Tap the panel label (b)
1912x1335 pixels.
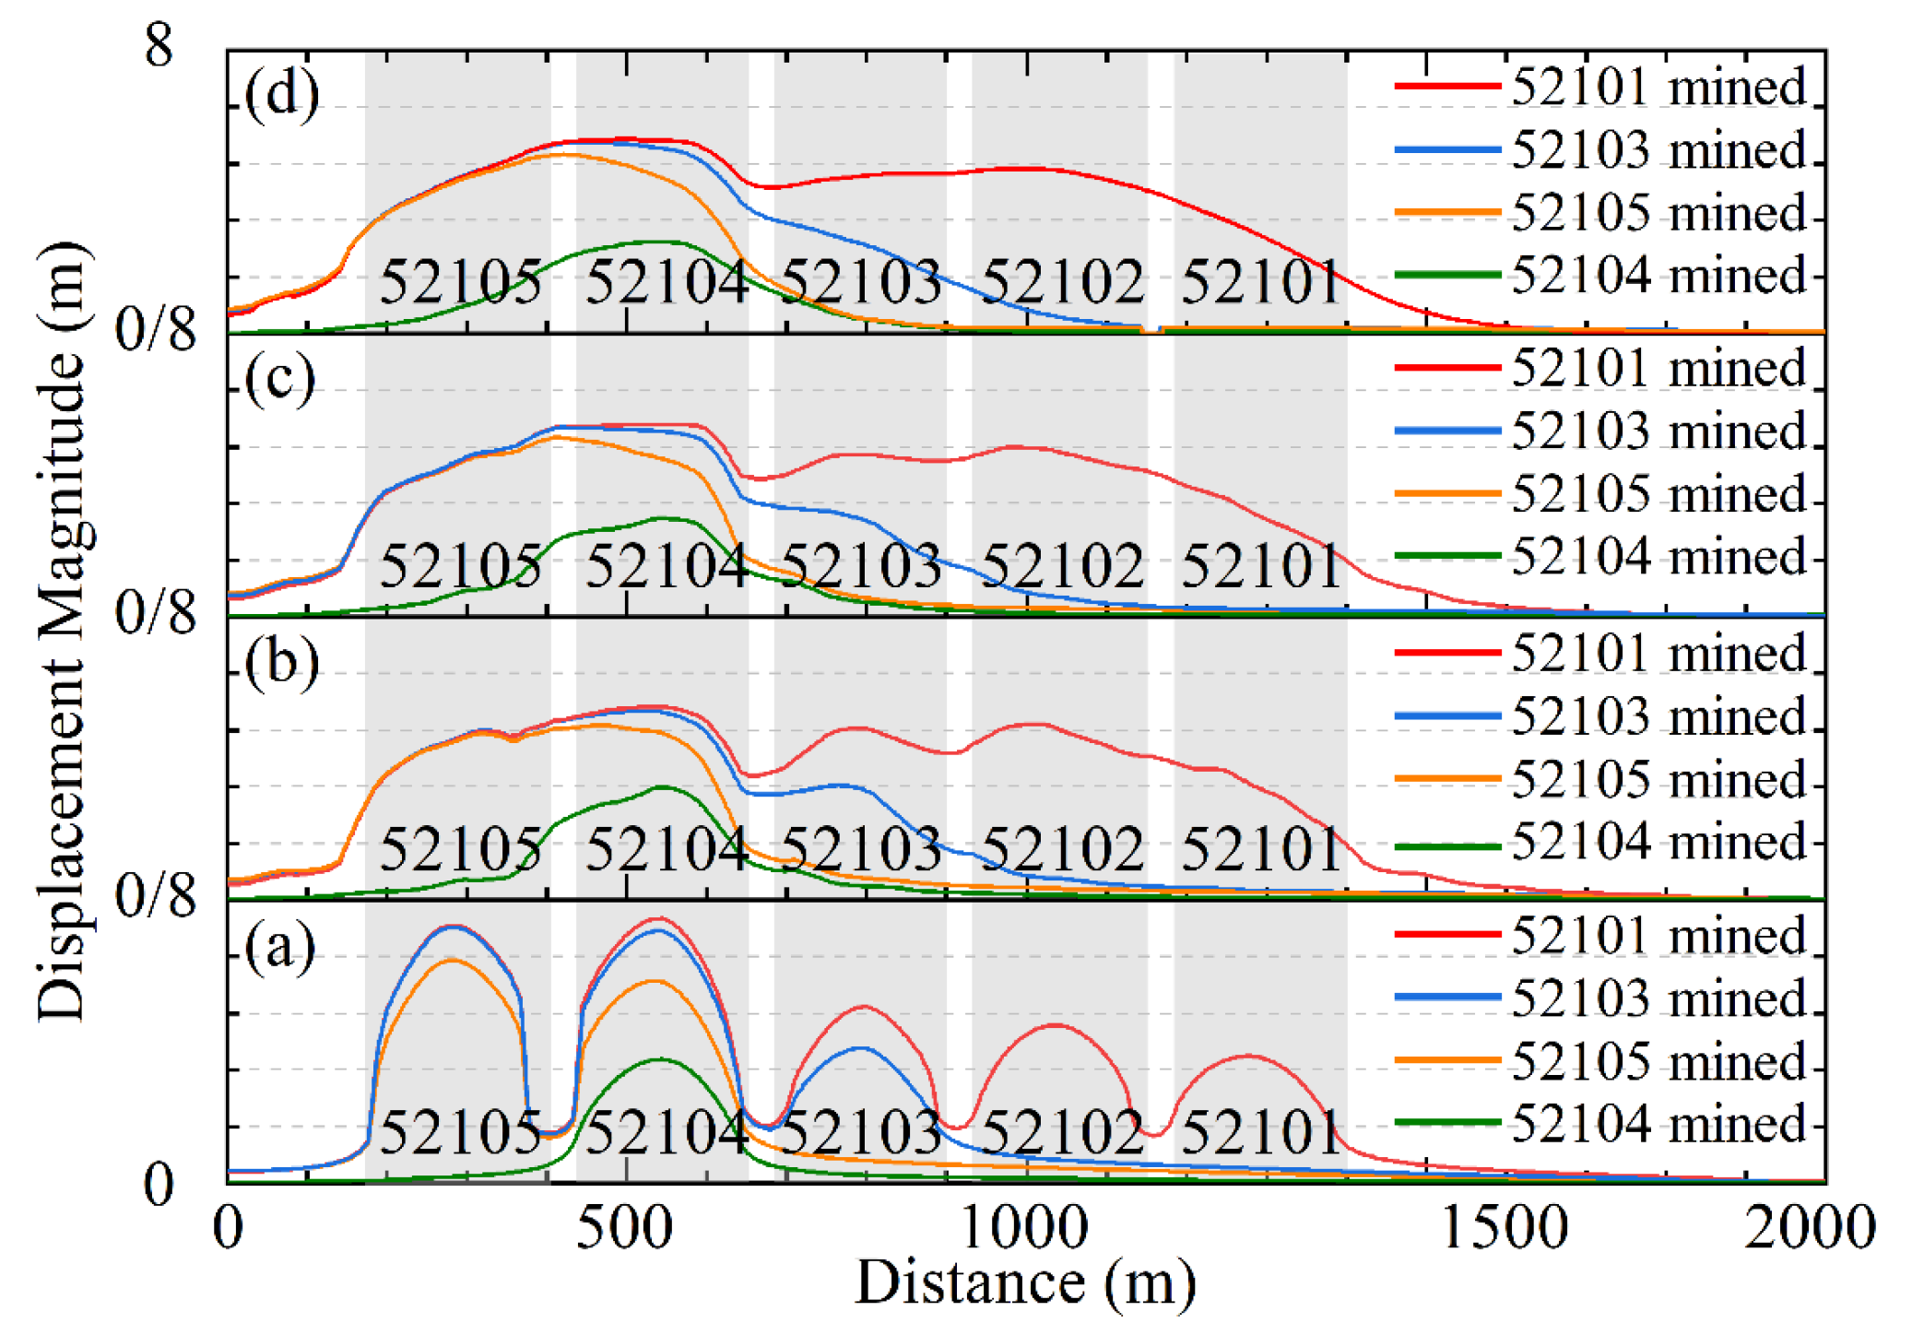tap(282, 663)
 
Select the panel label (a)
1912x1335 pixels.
tap(280, 947)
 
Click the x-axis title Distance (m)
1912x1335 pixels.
tap(1025, 1283)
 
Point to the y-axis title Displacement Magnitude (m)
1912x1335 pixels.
tap(63, 632)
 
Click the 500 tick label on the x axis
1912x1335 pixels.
tap(624, 1228)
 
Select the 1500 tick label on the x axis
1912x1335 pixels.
tap(1503, 1228)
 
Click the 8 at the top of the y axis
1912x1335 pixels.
tap(159, 44)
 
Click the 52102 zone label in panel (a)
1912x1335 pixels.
tap(1062, 1132)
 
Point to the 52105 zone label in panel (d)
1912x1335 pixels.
tap(461, 281)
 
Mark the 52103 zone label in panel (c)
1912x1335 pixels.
tap(861, 564)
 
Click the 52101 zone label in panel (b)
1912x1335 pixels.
tap(1260, 848)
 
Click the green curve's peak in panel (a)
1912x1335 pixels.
tap(660, 1059)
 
